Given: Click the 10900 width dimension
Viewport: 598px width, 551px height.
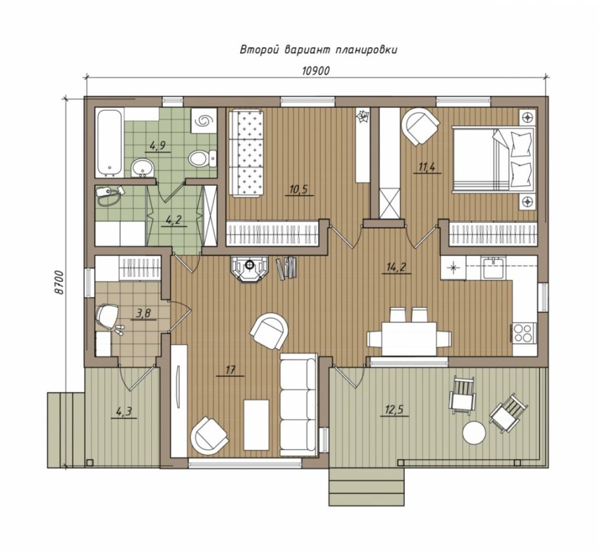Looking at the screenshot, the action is pyautogui.click(x=315, y=71).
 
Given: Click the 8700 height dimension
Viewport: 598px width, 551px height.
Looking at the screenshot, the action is pyautogui.click(x=58, y=283).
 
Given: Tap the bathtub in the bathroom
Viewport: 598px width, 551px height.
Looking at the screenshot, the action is pyautogui.click(x=110, y=143).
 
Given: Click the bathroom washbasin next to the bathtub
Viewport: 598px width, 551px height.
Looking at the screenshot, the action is pyautogui.click(x=142, y=167).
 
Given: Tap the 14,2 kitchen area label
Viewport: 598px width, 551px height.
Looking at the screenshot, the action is pyautogui.click(x=397, y=267).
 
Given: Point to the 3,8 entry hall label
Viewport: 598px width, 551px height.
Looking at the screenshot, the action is pyautogui.click(x=143, y=314).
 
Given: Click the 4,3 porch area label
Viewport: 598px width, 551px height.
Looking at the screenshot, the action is pyautogui.click(x=123, y=412).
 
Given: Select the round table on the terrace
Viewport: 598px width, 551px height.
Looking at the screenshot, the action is pyautogui.click(x=474, y=433).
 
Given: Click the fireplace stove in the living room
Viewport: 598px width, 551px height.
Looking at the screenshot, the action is pyautogui.click(x=250, y=269).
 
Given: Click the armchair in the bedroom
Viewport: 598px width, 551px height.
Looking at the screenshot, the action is pyautogui.click(x=419, y=127).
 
